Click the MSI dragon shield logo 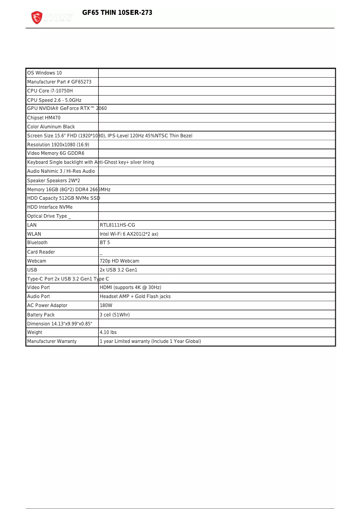[x=37, y=18]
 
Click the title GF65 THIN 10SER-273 [x=117, y=13]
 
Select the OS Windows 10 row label [x=44, y=73]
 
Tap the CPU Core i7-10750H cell [x=50, y=91]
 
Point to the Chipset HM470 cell [x=44, y=118]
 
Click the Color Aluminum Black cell [x=51, y=127]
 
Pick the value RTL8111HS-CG [x=117, y=225]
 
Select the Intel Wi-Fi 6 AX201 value [x=129, y=234]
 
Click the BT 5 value [x=105, y=243]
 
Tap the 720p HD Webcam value [x=119, y=261]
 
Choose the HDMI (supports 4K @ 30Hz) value [x=130, y=288]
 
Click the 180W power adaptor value [x=106, y=306]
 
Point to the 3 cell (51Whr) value [x=114, y=315]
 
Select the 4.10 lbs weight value [x=108, y=333]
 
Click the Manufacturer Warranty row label [x=52, y=342]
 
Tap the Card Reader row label [x=41, y=252]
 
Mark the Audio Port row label [x=39, y=297]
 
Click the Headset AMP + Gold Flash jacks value [x=135, y=297]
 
